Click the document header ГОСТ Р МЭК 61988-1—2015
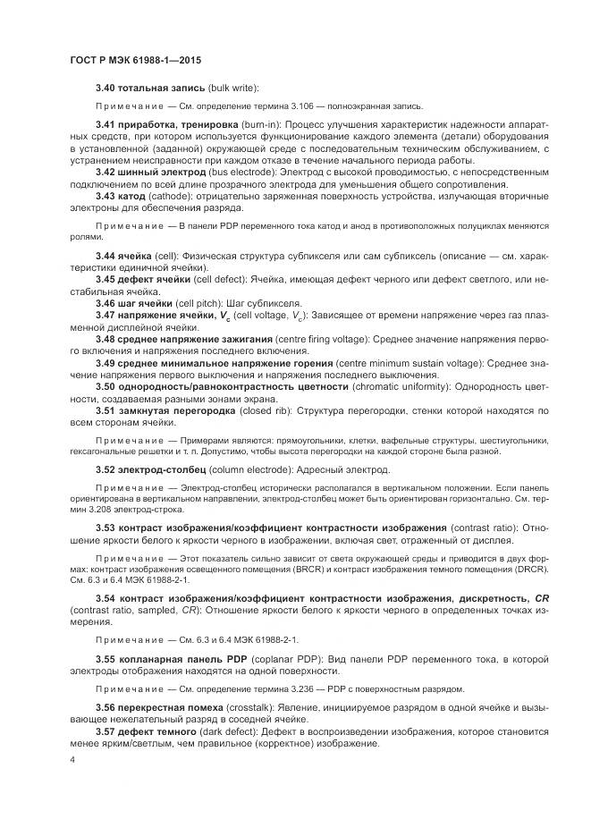click(135, 60)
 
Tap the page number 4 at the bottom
click(72, 760)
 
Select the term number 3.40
click(106, 88)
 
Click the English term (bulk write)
click(232, 88)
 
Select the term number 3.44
click(106, 256)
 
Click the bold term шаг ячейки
click(147, 303)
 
